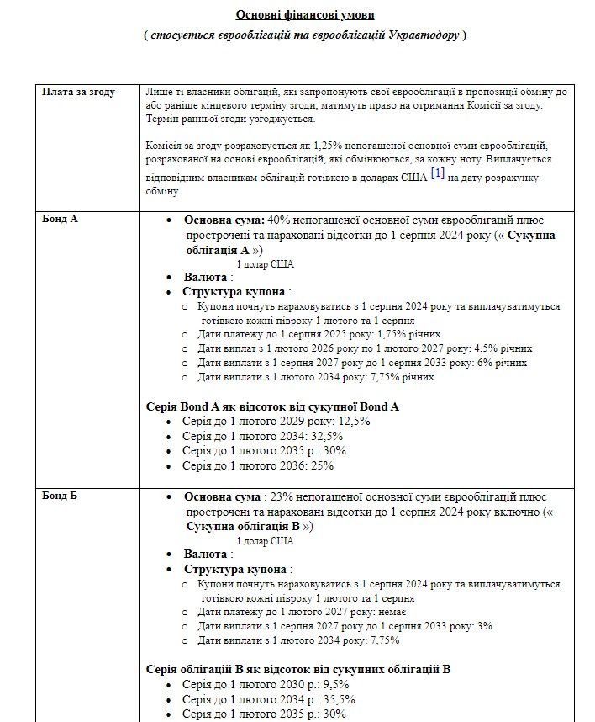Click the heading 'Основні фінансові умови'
305,14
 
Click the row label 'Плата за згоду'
79,92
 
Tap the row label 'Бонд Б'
60,496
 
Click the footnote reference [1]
437,173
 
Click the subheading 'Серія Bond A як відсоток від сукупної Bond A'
272,406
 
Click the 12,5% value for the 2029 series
354,421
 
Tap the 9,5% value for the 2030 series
331,684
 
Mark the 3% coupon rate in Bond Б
483,626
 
